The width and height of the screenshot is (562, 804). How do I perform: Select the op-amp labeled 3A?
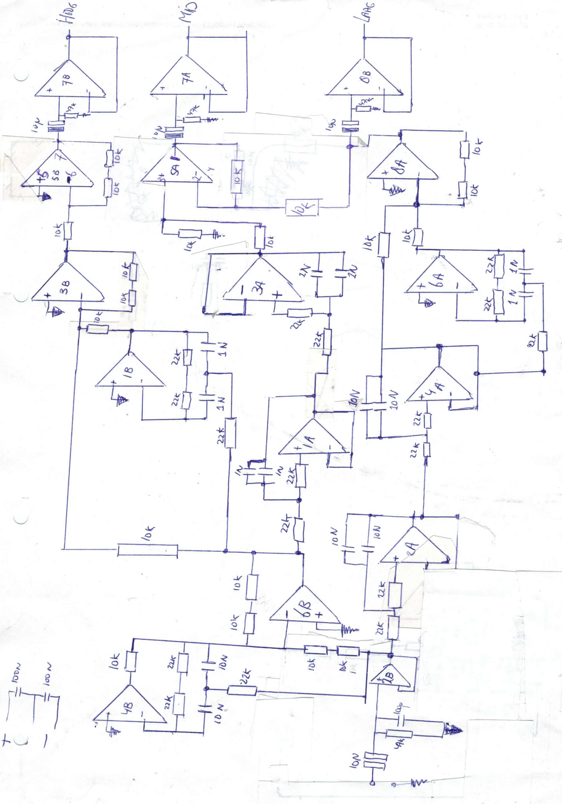[261, 282]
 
